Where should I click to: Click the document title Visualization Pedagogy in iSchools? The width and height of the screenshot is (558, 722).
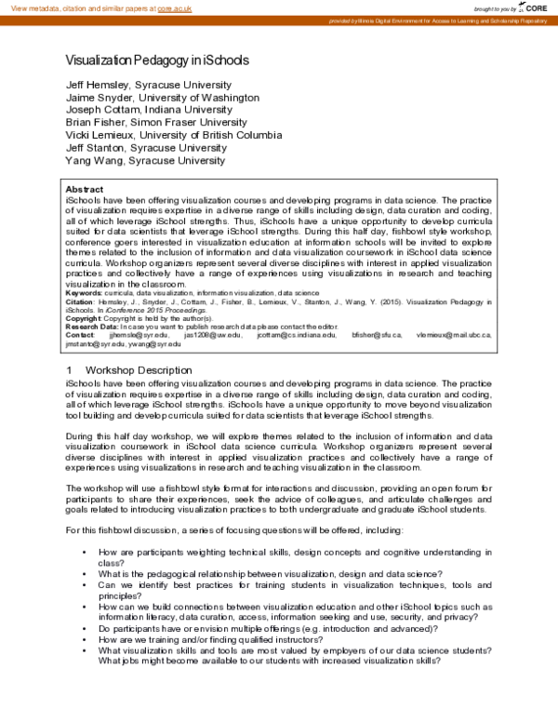(x=156, y=60)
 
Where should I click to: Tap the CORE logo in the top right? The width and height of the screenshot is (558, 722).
(x=534, y=8)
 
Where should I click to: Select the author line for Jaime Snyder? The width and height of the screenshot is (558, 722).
(x=149, y=97)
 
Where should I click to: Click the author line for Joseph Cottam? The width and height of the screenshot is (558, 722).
(x=136, y=109)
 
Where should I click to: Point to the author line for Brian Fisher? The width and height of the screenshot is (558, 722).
(x=156, y=122)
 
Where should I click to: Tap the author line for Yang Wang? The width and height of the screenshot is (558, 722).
(x=145, y=160)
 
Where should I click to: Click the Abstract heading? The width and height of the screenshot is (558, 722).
(x=85, y=189)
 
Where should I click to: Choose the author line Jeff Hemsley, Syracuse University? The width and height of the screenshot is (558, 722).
(x=146, y=84)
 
